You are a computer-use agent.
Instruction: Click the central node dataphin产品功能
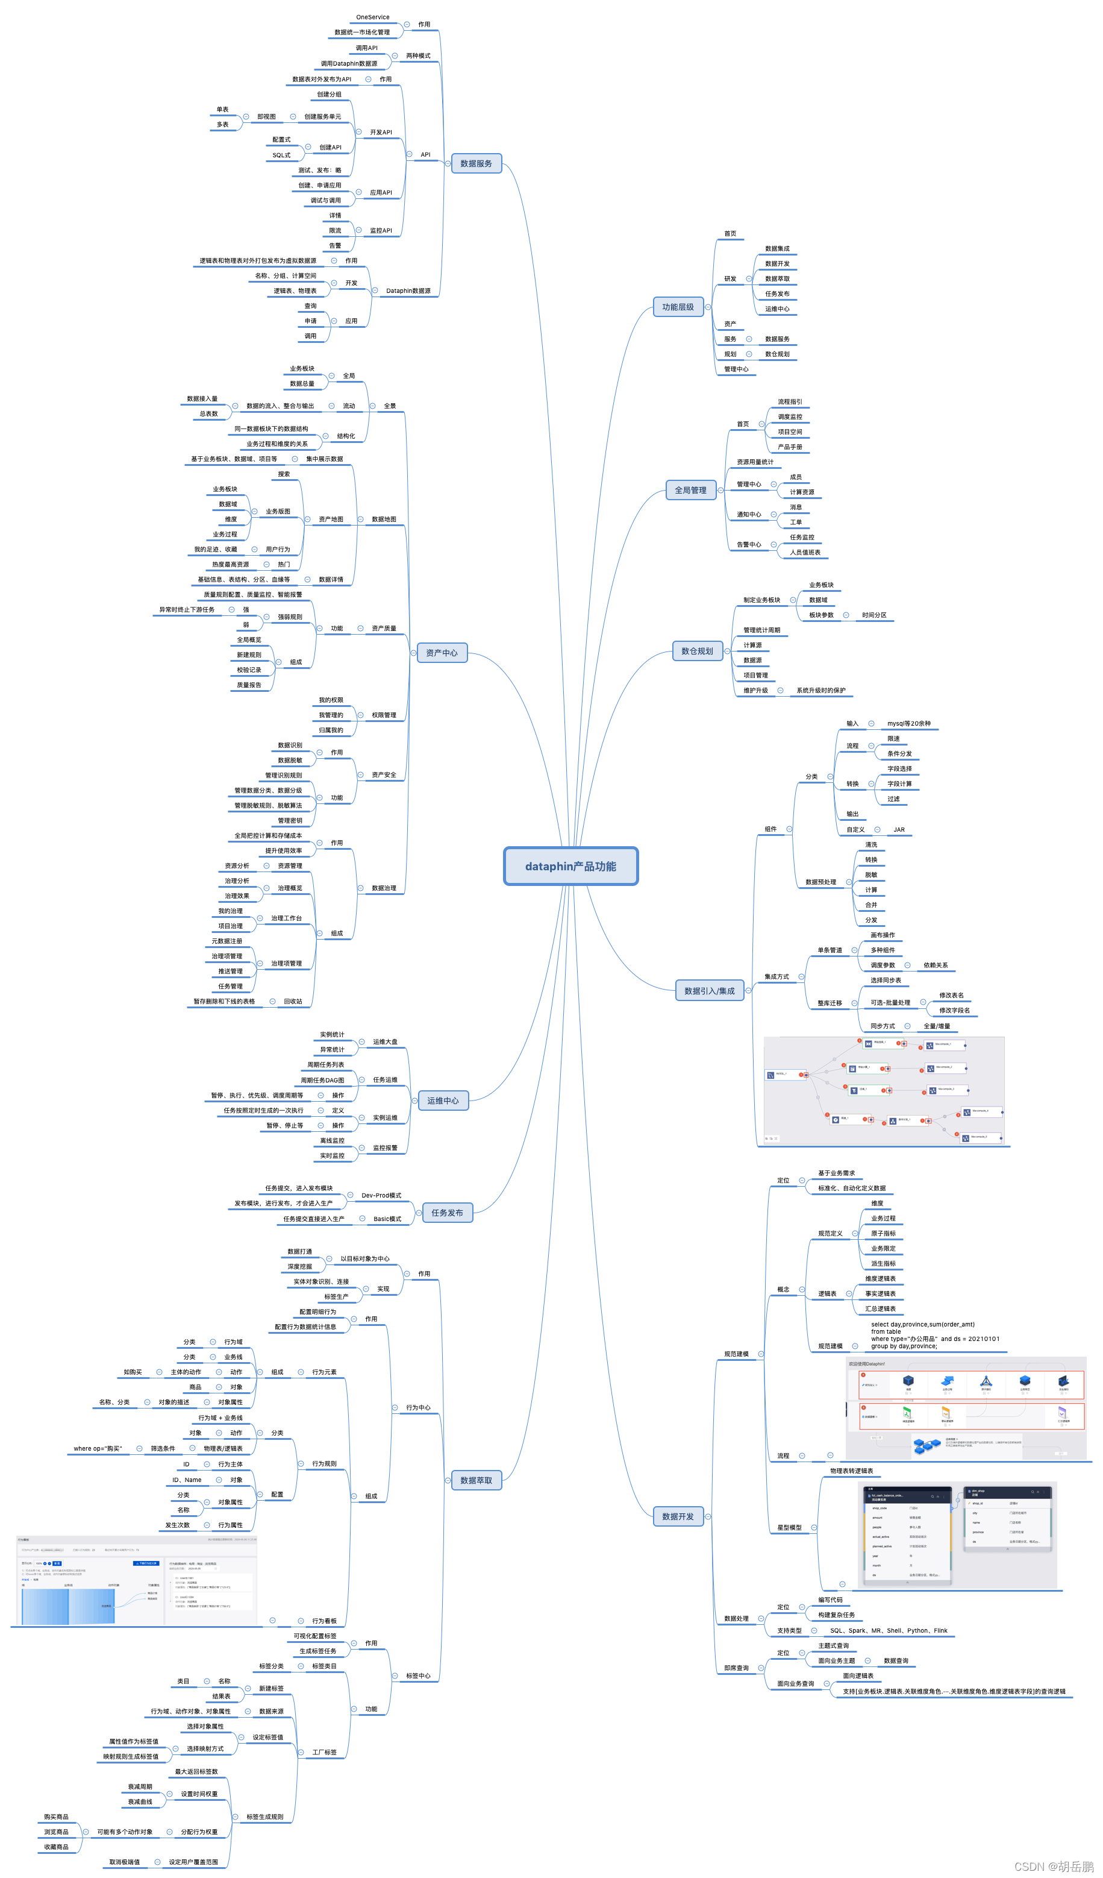[x=570, y=866]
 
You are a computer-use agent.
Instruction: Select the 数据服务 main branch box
[x=476, y=163]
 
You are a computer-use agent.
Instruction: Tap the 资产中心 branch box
[x=442, y=653]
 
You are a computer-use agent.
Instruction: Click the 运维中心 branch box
[x=443, y=1101]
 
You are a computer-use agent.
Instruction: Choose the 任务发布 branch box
[x=447, y=1213]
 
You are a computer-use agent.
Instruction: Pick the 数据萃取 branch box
[x=476, y=1480]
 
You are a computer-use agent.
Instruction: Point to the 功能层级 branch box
[x=678, y=307]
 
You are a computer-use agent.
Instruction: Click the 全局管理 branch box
[x=690, y=491]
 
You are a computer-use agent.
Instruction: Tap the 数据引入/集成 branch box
[x=709, y=991]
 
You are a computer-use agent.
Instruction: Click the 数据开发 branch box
[x=678, y=1516]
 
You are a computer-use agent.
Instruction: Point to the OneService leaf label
[x=372, y=17]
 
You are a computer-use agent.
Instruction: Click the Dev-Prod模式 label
[x=381, y=1195]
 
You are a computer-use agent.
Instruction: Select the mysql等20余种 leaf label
[x=908, y=724]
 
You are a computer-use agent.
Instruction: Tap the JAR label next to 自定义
[x=899, y=829]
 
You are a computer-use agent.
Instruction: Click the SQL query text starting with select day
[x=935, y=1336]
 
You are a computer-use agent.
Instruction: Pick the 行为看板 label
[x=324, y=1621]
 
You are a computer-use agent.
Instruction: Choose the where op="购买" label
[x=97, y=1449]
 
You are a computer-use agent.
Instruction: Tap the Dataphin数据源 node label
[x=408, y=290]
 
